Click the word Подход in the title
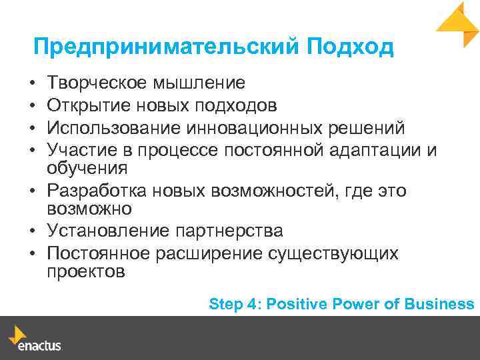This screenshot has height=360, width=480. tap(350, 47)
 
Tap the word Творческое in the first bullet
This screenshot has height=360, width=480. tap(98, 83)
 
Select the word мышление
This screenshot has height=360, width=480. tap(199, 83)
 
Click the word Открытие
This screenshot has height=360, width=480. tap(89, 105)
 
